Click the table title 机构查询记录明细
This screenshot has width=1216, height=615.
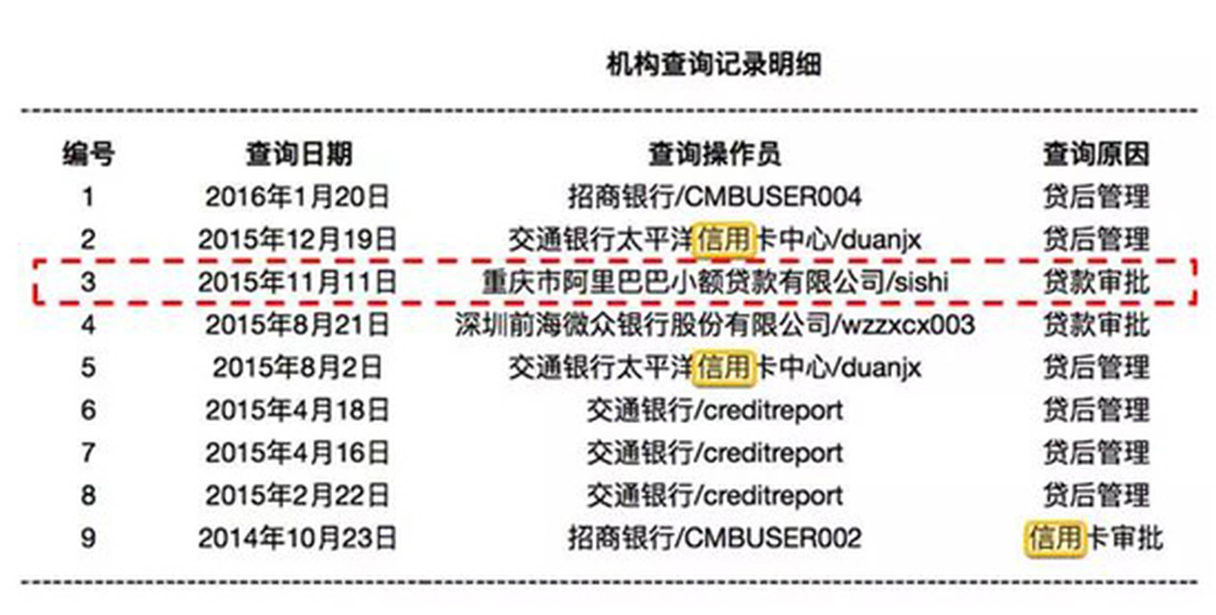tap(714, 65)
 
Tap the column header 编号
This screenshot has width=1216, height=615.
tap(88, 154)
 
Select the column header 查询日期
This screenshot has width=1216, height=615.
tap(299, 154)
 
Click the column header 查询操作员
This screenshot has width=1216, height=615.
tap(714, 154)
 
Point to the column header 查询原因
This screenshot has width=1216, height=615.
tap(1096, 154)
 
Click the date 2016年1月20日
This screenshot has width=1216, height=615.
tap(297, 197)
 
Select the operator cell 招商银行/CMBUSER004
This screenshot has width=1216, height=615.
tap(714, 197)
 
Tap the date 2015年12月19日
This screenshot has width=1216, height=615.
tap(297, 240)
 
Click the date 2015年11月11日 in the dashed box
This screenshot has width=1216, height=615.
tap(297, 282)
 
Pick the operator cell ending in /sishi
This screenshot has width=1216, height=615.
tap(714, 282)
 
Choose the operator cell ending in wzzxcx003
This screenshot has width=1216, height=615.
tap(714, 325)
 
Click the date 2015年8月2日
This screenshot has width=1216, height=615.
tap(297, 367)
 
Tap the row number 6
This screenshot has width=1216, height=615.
tap(88, 411)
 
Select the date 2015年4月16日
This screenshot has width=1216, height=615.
tap(297, 453)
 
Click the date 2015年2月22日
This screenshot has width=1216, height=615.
tap(297, 496)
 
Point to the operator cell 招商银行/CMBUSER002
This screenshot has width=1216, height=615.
tap(714, 539)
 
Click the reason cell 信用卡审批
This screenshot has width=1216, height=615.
tap(1095, 539)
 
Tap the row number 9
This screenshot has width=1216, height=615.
tap(88, 539)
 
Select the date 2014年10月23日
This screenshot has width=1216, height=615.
tap(297, 539)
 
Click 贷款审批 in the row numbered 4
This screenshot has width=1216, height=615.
tap(1096, 325)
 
